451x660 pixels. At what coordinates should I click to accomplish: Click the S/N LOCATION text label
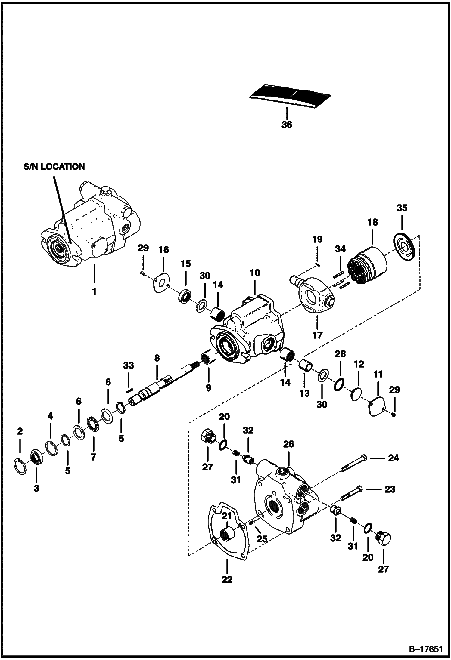point(54,167)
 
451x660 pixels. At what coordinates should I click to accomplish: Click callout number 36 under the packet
point(287,125)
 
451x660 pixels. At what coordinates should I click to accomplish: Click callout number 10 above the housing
point(255,273)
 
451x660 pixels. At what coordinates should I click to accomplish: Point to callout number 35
point(402,208)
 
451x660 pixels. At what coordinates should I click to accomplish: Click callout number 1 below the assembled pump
point(94,291)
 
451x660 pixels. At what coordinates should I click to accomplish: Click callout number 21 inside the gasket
point(227,516)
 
